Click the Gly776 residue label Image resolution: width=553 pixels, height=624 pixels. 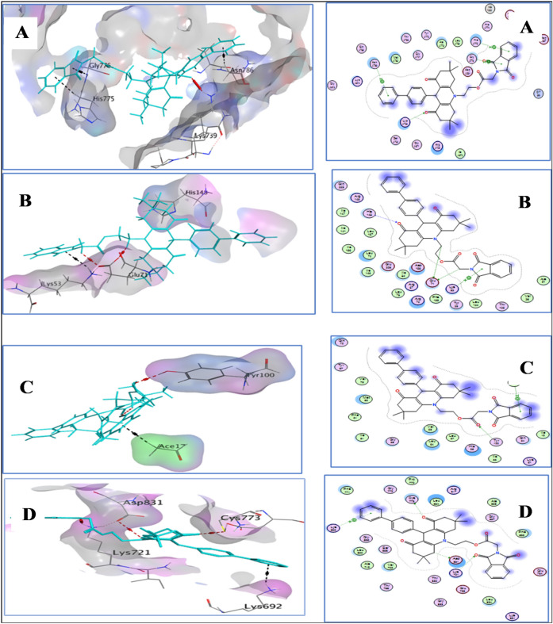(100, 65)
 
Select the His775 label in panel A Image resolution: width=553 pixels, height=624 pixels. (103, 99)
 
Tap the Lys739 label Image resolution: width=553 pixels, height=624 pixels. (207, 136)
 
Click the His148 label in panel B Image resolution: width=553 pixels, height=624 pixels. (197, 193)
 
